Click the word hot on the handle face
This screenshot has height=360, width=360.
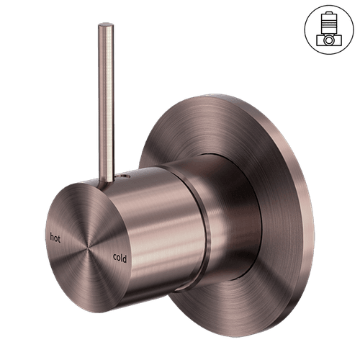(x=55, y=238)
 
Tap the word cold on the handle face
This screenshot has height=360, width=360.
(x=120, y=258)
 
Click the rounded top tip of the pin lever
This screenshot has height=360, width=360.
(x=106, y=24)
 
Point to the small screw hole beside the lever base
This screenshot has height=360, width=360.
(x=125, y=177)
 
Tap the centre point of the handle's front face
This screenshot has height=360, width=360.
(x=88, y=247)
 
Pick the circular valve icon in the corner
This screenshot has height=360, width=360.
(x=329, y=30)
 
